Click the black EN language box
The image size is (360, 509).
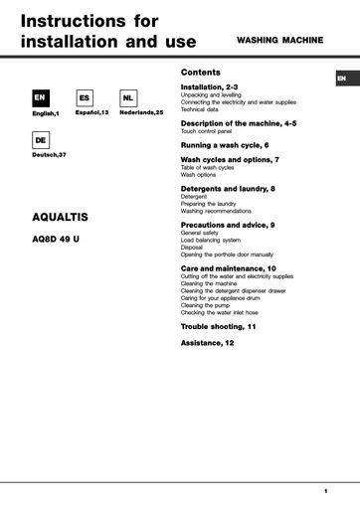click(x=40, y=98)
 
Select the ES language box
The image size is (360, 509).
click(x=85, y=98)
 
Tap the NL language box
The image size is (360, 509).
click(x=128, y=98)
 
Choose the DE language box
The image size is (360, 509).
click(x=40, y=141)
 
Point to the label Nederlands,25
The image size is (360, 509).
click(x=140, y=113)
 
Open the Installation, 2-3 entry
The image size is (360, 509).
click(x=209, y=87)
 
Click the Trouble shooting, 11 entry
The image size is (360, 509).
click(x=218, y=326)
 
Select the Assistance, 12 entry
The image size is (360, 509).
click(x=208, y=342)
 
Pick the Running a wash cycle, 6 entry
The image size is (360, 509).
click(x=225, y=144)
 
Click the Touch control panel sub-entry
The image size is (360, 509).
click(x=207, y=130)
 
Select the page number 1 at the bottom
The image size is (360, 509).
click(x=325, y=491)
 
